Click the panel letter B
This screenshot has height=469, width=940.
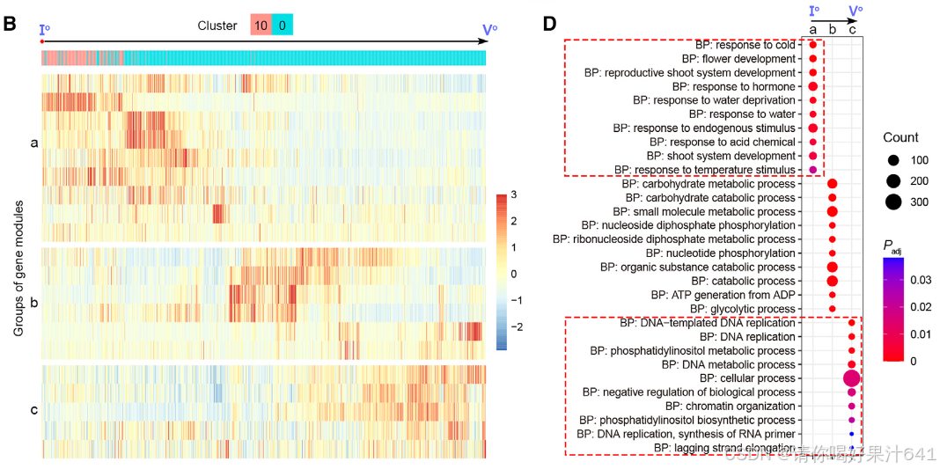point(11,22)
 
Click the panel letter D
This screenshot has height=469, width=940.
point(549,22)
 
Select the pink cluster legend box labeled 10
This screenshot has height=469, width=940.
point(261,26)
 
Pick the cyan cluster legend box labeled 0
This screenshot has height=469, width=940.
point(282,26)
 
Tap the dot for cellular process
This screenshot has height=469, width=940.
point(851,378)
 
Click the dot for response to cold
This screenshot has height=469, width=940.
point(812,45)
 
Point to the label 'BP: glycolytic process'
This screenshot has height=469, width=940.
point(743,309)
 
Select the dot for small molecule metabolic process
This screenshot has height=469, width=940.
point(832,212)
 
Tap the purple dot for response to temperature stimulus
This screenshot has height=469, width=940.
point(812,170)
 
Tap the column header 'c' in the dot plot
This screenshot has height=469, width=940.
point(851,30)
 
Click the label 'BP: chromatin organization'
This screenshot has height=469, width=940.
point(730,406)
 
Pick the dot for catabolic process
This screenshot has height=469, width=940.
point(832,281)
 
